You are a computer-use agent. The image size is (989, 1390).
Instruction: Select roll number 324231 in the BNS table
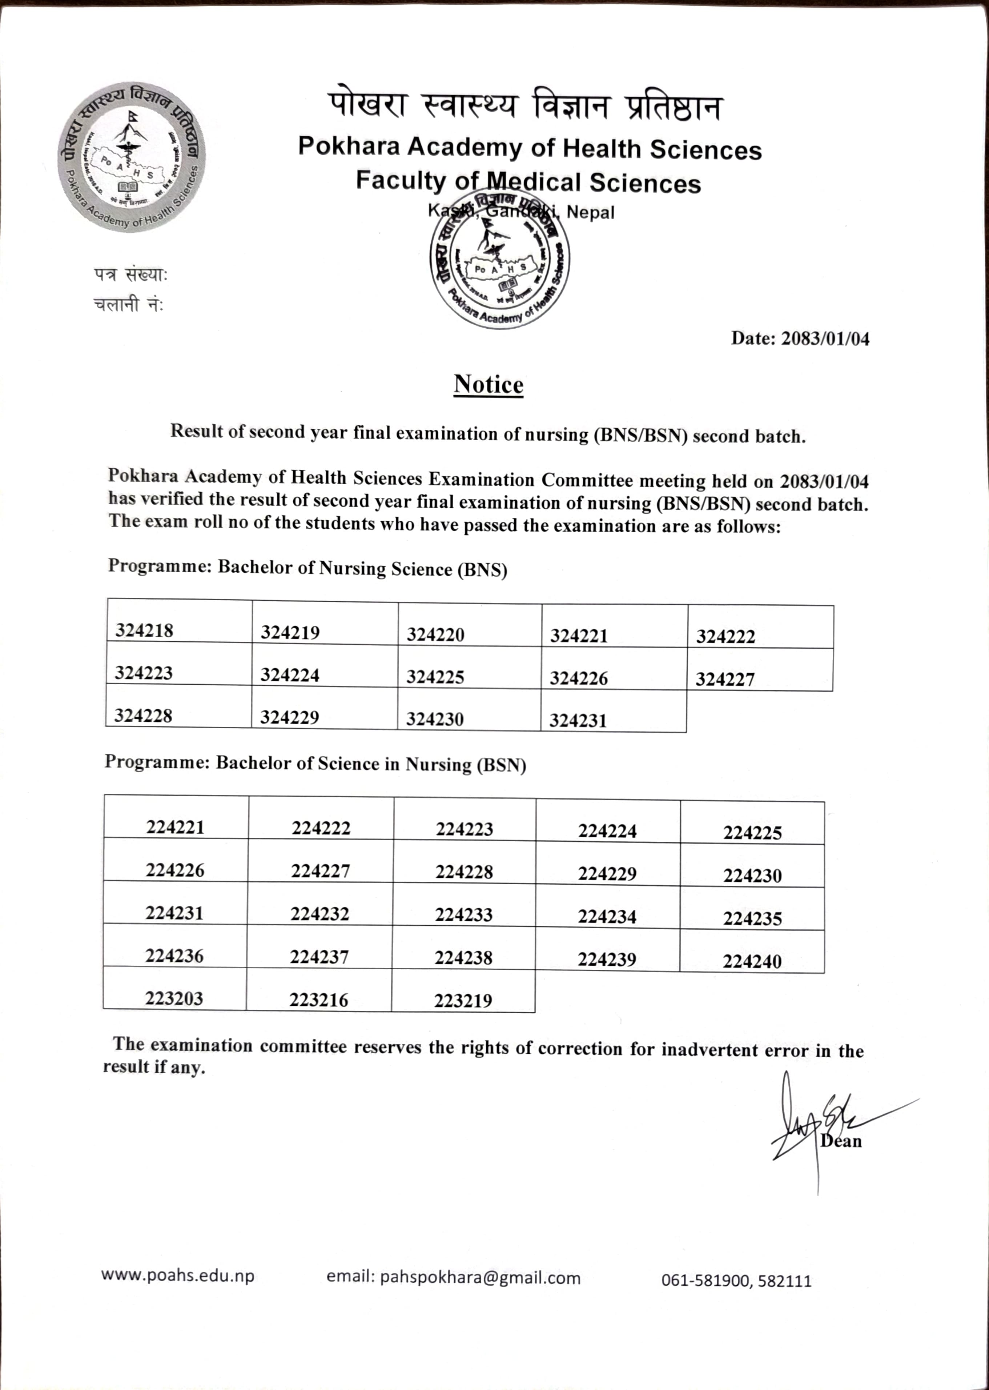pyautogui.click(x=578, y=721)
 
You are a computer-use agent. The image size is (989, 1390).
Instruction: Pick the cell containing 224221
pyautogui.click(x=176, y=827)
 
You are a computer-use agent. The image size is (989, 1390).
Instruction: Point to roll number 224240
pyautogui.click(x=752, y=961)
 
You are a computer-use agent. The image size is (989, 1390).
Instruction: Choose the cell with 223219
pyautogui.click(x=463, y=1000)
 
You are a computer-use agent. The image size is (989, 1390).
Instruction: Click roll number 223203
pyautogui.click(x=174, y=998)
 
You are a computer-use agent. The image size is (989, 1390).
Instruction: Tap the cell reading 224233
pyautogui.click(x=463, y=914)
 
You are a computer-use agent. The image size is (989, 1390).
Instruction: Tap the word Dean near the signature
pyautogui.click(x=841, y=1141)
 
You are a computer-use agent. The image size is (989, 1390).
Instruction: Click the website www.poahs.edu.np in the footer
pyautogui.click(x=178, y=1275)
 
